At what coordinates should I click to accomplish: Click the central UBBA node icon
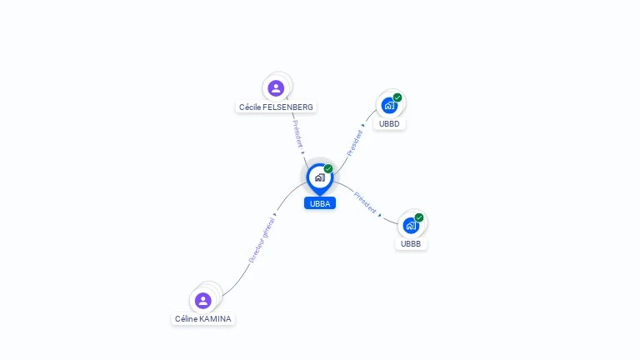click(319, 177)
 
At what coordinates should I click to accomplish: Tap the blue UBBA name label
click(320, 203)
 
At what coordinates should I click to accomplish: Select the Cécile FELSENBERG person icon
click(277, 87)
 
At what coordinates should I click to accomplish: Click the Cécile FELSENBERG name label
click(277, 107)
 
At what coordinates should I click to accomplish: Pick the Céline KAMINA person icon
click(203, 300)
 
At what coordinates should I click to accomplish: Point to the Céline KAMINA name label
click(203, 319)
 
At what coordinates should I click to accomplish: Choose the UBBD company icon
click(389, 105)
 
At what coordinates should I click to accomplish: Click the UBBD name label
click(389, 124)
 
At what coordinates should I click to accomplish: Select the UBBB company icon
click(411, 225)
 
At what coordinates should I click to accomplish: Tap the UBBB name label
click(411, 244)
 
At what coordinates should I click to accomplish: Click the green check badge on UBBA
click(328, 168)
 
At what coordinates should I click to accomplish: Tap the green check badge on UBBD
click(397, 97)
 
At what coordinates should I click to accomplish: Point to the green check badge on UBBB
click(419, 217)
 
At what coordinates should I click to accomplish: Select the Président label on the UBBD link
click(355, 142)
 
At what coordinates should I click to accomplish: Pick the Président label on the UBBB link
click(365, 202)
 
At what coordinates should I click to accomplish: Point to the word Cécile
click(249, 107)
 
